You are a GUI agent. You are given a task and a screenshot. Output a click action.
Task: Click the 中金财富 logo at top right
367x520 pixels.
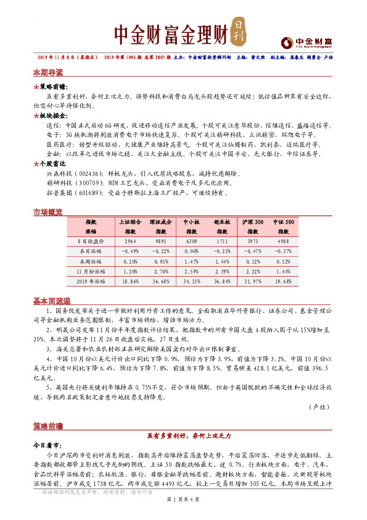[x=306, y=42]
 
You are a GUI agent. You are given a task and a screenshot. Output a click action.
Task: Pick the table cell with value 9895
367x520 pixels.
[x=161, y=241]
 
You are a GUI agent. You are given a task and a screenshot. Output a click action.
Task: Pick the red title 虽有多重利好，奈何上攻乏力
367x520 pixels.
[x=183, y=436]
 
